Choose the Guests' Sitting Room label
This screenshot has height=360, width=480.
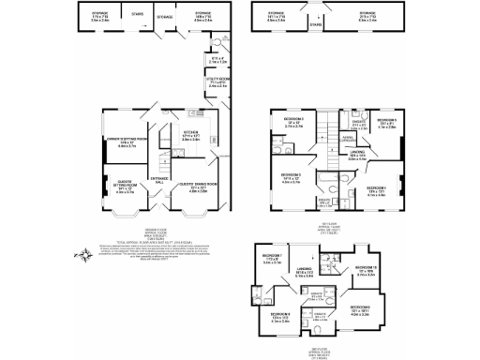[125, 187]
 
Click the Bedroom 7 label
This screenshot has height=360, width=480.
[274, 260]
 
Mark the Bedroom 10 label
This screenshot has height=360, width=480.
[368, 271]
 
